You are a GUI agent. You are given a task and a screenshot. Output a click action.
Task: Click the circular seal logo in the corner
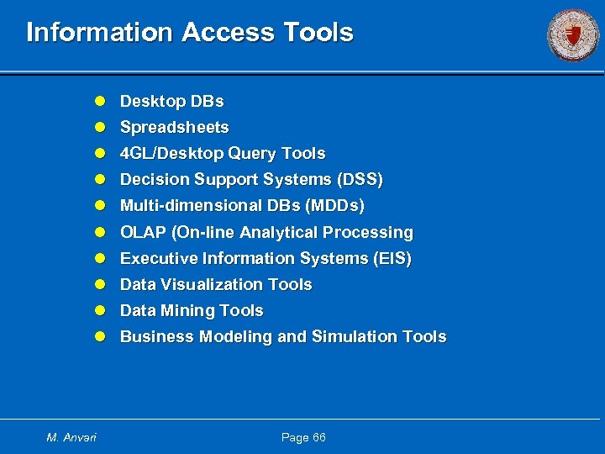573,34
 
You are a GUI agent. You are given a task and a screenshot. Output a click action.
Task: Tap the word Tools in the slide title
318,33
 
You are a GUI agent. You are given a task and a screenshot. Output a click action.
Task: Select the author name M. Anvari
71,437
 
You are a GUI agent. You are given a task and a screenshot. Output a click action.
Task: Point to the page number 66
317,437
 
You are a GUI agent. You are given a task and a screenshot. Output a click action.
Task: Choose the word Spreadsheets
174,128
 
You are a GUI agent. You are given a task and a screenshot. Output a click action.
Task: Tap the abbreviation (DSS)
360,180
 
